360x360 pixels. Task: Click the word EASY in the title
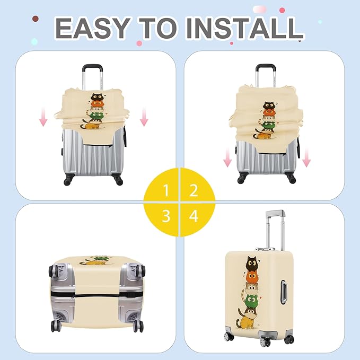[x=92, y=29]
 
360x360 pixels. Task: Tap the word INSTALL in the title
[x=244, y=29]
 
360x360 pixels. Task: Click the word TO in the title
[x=157, y=29]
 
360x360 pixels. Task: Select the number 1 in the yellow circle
[x=166, y=190]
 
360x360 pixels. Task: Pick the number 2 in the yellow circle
[x=194, y=190]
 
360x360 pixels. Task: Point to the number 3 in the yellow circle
[x=166, y=216]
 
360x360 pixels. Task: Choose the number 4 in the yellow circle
[x=194, y=216]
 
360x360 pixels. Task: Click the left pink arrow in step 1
[x=43, y=117]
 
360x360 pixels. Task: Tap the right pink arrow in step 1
[x=144, y=117]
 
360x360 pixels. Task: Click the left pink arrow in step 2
[x=227, y=157]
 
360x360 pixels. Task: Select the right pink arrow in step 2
[x=306, y=157]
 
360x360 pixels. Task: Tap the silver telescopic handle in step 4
[x=275, y=230]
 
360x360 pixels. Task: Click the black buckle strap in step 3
[x=97, y=295]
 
